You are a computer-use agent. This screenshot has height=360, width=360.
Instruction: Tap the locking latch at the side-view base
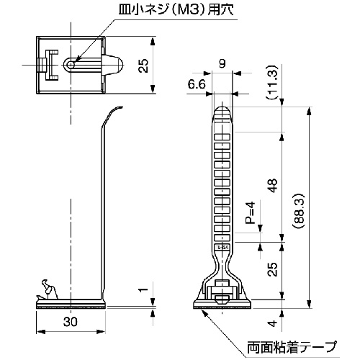tap(48, 289)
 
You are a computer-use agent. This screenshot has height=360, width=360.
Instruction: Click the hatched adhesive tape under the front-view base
tap(222, 307)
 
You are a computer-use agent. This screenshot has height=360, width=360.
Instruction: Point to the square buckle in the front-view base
tap(222, 295)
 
